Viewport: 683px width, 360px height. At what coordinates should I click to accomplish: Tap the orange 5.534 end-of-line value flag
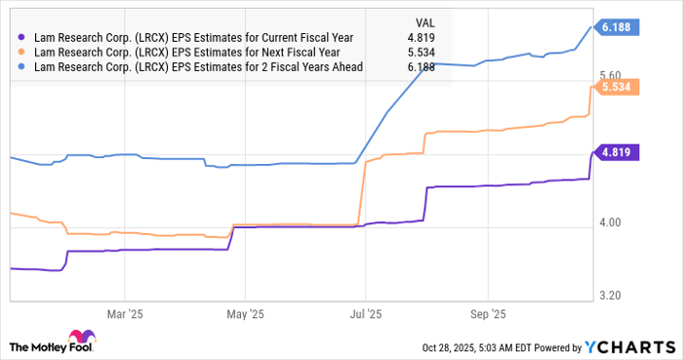[618, 86]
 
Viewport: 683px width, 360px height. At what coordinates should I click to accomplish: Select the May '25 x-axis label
[246, 315]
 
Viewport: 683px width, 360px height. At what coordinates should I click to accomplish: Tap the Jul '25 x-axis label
[366, 315]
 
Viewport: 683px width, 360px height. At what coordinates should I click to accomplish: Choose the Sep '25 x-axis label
[487, 315]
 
